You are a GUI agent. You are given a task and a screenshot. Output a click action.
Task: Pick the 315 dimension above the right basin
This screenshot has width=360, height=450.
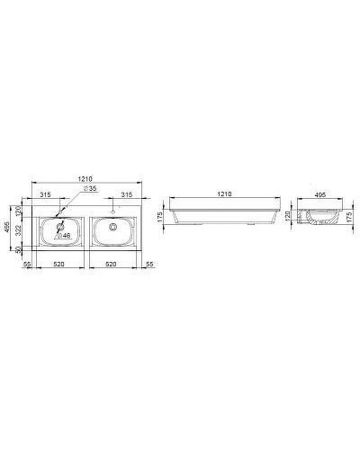(x=127, y=194)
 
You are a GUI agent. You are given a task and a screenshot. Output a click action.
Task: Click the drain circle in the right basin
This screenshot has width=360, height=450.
(x=114, y=227)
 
